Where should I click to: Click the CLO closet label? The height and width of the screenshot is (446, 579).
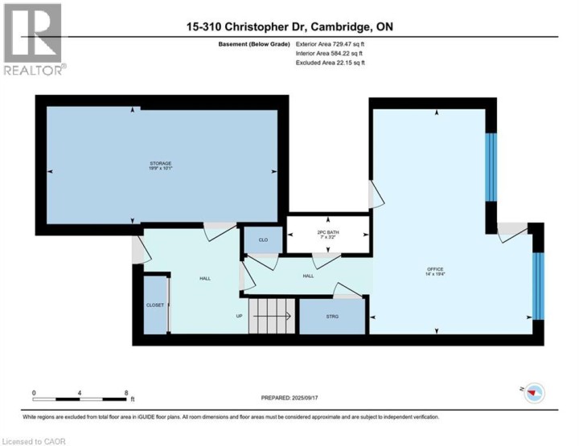click(263, 239)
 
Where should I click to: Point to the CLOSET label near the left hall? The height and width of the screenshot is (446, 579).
click(155, 305)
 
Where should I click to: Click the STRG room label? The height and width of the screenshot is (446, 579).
click(332, 317)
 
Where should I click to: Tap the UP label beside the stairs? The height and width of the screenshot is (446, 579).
click(239, 316)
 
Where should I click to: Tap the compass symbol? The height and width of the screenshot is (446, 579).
click(534, 392)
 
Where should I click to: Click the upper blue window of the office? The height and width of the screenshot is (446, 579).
click(492, 166)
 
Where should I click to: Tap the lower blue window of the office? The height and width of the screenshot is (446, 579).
click(539, 285)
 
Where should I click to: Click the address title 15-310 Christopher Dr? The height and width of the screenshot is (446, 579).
click(289, 27)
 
